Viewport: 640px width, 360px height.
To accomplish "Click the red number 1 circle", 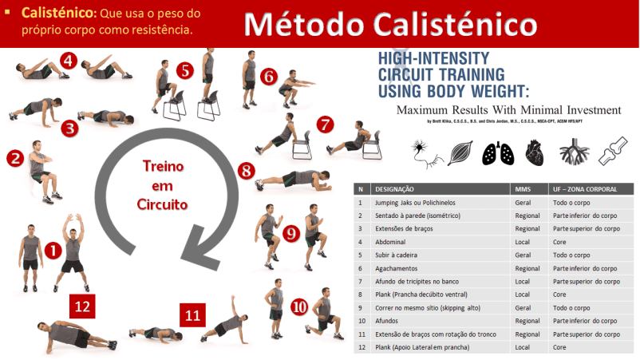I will pos(52,250).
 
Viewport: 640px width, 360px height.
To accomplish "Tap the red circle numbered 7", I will pos(324,125).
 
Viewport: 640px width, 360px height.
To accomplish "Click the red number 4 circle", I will pos(69,60).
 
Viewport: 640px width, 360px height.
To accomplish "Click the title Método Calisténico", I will pos(390,23).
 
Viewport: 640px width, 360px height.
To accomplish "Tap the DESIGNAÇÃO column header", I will pos(394,189).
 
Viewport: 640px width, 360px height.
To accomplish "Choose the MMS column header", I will pos(523,189).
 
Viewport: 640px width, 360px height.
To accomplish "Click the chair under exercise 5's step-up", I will pos(184,104).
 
